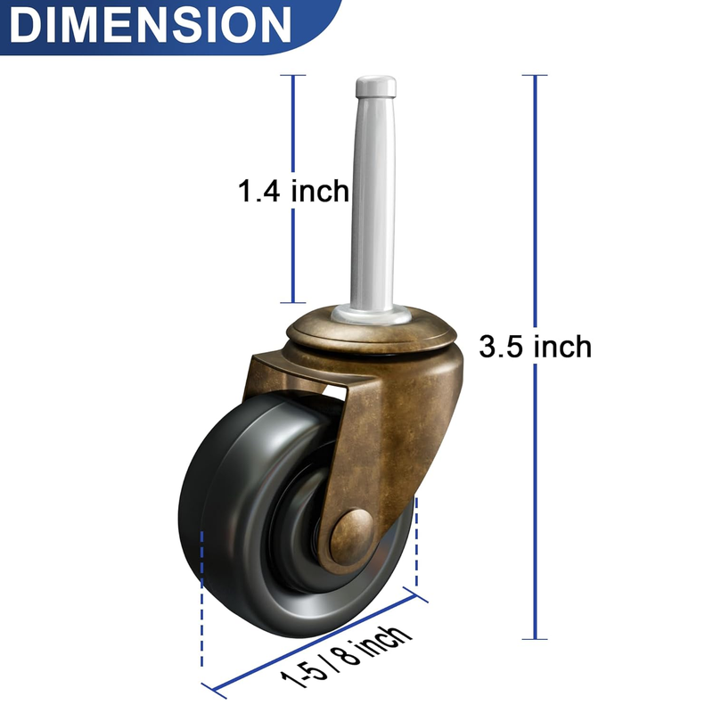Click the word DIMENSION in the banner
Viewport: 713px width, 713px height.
[150, 25]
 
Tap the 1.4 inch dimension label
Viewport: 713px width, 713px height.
[294, 191]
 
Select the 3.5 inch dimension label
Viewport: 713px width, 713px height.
[536, 347]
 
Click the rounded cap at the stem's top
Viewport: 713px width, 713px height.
[375, 86]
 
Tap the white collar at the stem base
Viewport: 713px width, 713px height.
[371, 315]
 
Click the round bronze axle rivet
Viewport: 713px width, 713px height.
[352, 537]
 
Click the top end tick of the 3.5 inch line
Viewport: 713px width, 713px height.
[535, 75]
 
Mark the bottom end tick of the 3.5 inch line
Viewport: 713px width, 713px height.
[535, 639]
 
